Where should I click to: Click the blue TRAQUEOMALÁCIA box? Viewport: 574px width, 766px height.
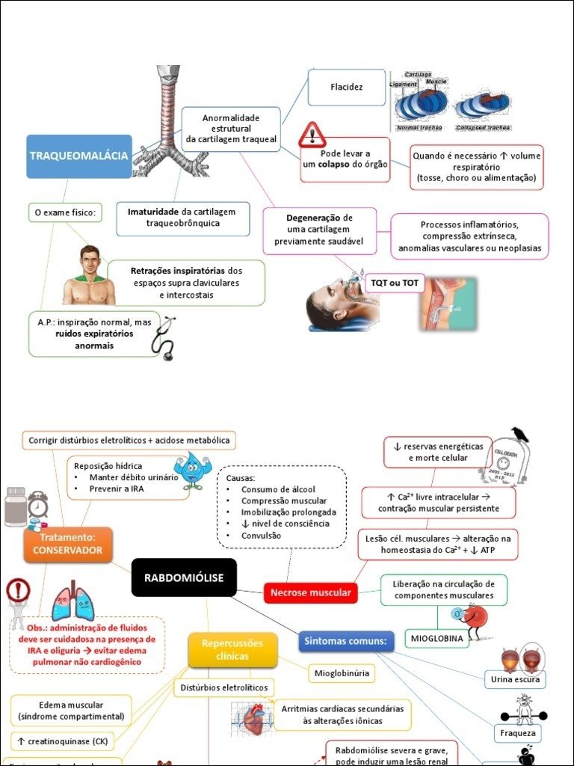click(x=78, y=156)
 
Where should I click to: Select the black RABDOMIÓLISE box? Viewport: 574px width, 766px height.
click(x=184, y=577)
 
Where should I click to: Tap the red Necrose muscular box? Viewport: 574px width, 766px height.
click(x=310, y=593)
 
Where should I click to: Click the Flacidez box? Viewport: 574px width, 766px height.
click(x=346, y=88)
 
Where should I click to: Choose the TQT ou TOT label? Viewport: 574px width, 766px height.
click(x=395, y=283)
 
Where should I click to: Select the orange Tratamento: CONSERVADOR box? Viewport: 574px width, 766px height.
click(x=68, y=545)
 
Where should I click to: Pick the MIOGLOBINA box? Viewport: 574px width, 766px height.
click(x=436, y=639)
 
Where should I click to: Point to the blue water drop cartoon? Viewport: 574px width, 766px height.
click(x=191, y=470)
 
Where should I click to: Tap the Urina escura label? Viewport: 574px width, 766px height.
click(x=514, y=679)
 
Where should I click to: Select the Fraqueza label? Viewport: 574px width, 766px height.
click(x=518, y=734)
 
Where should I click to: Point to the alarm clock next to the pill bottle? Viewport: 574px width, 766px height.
click(x=37, y=506)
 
